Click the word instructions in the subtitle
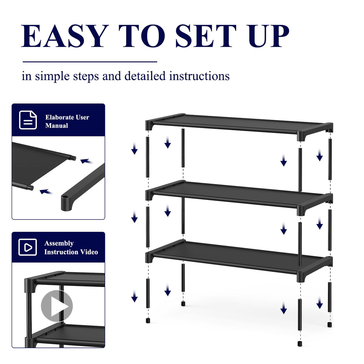[199, 76]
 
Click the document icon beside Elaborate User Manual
[28, 120]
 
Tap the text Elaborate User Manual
[67, 121]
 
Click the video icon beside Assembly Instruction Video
[28, 247]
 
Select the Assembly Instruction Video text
[71, 248]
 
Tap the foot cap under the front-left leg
[148, 321]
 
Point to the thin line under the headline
[90, 62]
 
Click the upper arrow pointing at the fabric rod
[86, 162]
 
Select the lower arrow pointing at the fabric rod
[46, 192]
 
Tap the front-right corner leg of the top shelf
[301, 136]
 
